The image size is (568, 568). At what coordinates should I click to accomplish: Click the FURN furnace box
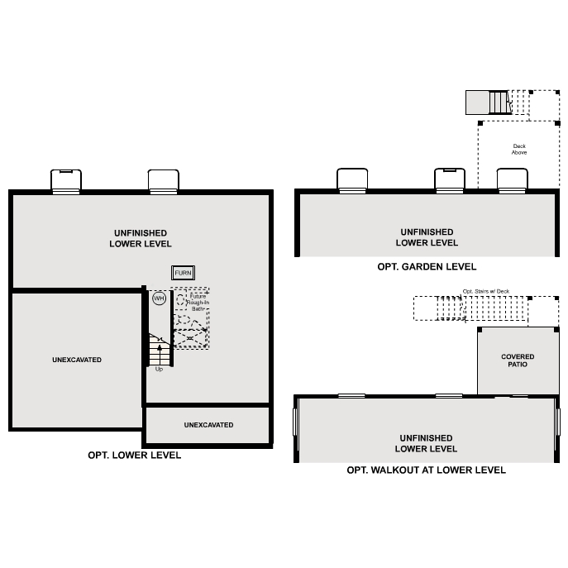point(183,273)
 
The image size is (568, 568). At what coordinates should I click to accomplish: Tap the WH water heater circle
point(159,298)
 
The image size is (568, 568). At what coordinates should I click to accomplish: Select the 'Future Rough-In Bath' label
point(198,301)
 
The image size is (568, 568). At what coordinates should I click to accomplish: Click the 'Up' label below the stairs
point(159,369)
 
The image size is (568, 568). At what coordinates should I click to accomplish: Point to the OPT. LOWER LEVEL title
point(135,456)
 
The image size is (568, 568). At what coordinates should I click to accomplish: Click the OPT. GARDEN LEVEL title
point(427,267)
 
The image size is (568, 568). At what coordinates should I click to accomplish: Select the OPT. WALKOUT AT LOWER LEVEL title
point(427,470)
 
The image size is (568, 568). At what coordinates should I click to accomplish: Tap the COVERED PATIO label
point(518,360)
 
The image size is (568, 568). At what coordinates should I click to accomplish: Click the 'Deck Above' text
point(519,150)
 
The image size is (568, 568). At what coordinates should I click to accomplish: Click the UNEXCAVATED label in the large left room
point(77,360)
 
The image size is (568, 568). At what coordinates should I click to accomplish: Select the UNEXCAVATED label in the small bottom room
point(208,425)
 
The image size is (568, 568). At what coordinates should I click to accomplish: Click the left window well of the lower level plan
point(66,180)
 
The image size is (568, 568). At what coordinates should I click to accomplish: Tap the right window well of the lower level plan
point(163,180)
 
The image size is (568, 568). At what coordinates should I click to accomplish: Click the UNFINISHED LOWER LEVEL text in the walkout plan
point(427,443)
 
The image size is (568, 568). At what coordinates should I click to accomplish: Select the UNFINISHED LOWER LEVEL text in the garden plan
point(427,237)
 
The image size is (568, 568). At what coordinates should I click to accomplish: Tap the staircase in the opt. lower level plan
point(160,348)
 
